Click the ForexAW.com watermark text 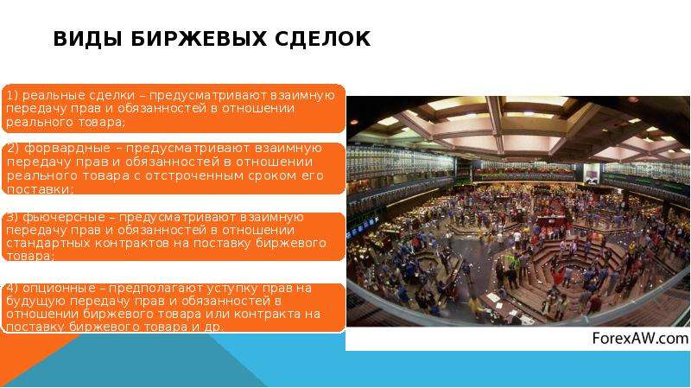(x=640, y=339)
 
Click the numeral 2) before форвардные (x=13, y=148)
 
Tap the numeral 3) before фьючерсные (x=12, y=218)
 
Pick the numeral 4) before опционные (x=12, y=289)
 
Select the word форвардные (x=67, y=149)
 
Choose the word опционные (x=59, y=289)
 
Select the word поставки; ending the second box (x=40, y=189)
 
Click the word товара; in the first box (x=102, y=122)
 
